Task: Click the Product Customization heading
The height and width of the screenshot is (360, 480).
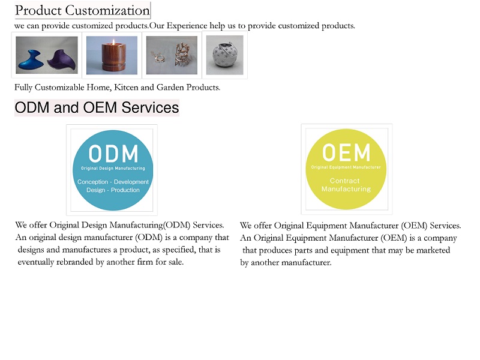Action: pos(82,10)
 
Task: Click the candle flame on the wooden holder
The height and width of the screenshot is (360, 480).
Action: pos(113,41)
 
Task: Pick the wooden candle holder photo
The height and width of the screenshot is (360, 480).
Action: pos(112,55)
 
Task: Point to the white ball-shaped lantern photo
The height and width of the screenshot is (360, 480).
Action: pos(224,55)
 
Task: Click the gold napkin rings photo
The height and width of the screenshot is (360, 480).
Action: pos(172,55)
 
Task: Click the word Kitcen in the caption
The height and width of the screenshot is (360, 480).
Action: pos(126,88)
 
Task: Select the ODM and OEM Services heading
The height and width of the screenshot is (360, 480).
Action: pos(97,107)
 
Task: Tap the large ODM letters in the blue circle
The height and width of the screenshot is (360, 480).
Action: pos(113,154)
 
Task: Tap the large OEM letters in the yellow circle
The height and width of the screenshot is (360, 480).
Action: pos(346,152)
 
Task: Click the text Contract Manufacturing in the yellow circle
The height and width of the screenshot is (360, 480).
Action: pos(346,185)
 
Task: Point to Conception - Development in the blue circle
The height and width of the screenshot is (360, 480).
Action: pos(113,182)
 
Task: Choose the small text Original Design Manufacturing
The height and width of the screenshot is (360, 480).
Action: pos(113,169)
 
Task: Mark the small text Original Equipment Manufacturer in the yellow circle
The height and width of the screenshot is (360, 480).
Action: pos(346,167)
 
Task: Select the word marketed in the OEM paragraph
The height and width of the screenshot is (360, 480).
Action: pos(433,250)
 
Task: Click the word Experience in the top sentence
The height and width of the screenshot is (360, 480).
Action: pos(187,26)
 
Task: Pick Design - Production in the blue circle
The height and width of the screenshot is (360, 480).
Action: pos(113,190)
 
